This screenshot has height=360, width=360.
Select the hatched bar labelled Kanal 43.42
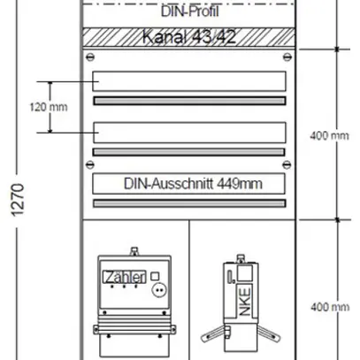[x=187, y=37]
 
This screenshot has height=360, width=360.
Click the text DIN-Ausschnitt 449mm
[x=188, y=184]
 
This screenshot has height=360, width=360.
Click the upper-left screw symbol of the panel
[x=87, y=57]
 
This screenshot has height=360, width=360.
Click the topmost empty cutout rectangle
[x=188, y=81]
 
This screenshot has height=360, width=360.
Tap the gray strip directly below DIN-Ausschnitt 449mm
[x=188, y=203]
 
